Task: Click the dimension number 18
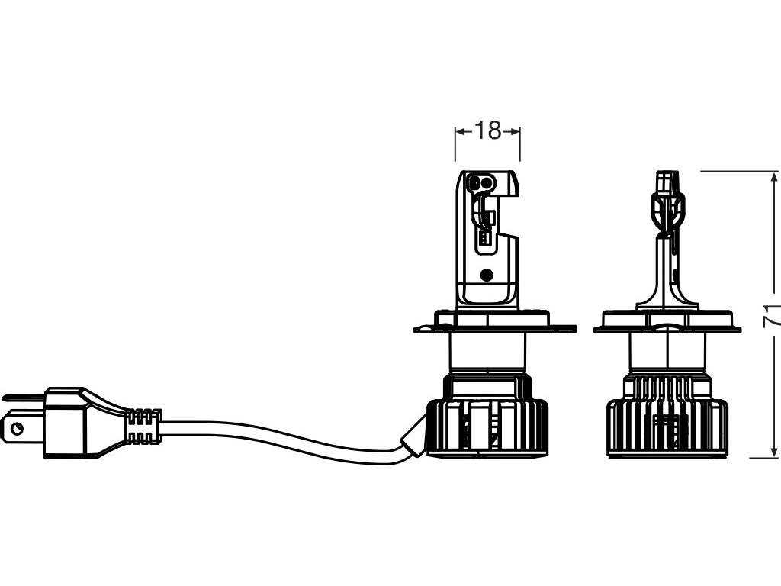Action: point(487,131)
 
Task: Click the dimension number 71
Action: point(772,314)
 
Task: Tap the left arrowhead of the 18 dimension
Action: point(459,131)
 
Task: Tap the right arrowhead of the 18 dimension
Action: point(516,131)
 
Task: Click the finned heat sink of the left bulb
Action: point(487,427)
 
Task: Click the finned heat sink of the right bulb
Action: point(667,427)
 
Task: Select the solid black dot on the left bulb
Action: point(487,273)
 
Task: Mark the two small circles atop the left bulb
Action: point(481,182)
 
